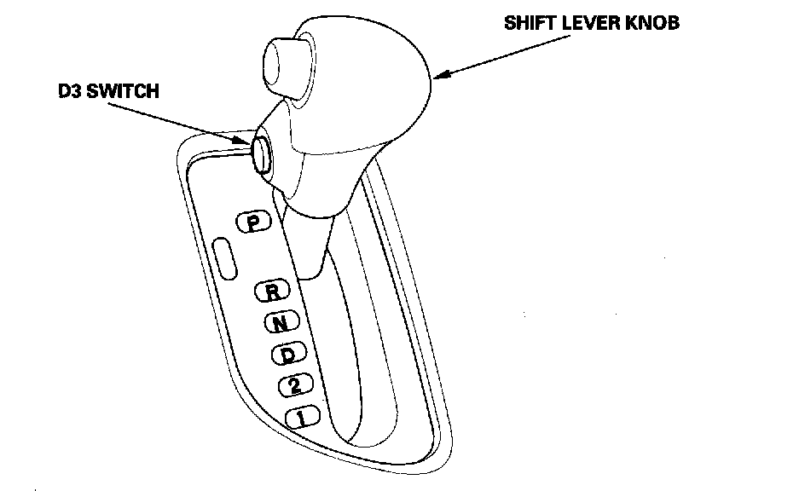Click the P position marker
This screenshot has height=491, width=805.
click(x=252, y=222)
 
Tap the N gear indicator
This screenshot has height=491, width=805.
click(x=280, y=322)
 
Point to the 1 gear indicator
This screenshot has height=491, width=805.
click(x=302, y=417)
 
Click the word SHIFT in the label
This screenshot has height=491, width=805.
click(x=531, y=23)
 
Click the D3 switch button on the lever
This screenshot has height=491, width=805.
click(x=262, y=153)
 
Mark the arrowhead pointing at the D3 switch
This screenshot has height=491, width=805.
click(x=244, y=141)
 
